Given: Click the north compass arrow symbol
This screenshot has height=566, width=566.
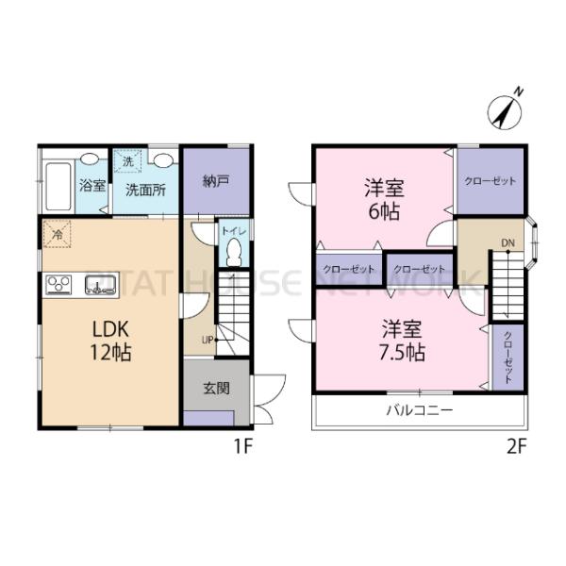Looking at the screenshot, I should click(x=505, y=108).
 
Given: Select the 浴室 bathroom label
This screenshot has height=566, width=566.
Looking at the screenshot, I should click(x=92, y=187).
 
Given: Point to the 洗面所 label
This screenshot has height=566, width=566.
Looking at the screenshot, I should click(x=146, y=189).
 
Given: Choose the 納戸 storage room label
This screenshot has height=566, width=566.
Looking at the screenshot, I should click(x=216, y=181).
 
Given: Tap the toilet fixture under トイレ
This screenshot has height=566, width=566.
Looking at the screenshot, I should click(x=233, y=252).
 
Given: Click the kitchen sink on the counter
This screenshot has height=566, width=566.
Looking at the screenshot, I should click(x=100, y=285).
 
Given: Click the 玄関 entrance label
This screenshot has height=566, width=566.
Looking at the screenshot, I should click(x=215, y=387).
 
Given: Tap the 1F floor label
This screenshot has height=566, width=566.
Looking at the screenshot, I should click(x=242, y=446).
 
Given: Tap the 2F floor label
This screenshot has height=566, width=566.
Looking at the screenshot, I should click(x=513, y=446).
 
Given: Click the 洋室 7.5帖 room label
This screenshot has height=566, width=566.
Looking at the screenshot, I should click(x=402, y=341).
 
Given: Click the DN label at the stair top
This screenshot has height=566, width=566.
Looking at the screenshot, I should click(x=508, y=243).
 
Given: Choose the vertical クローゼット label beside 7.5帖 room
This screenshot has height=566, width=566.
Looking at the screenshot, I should click(x=508, y=358).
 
